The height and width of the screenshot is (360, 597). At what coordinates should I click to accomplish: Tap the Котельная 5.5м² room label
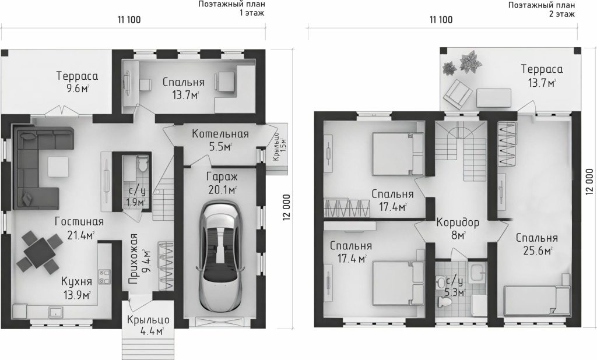pos(220,140)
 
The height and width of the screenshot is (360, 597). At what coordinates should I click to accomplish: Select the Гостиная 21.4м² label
pos(79,228)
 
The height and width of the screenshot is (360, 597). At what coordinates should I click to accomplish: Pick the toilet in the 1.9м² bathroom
pos(142,165)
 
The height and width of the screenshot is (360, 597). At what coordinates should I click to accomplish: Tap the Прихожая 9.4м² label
pos(138,259)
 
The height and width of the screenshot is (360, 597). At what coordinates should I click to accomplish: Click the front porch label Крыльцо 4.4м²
pos(148,325)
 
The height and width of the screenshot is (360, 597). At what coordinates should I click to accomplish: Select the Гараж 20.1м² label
pos(222,183)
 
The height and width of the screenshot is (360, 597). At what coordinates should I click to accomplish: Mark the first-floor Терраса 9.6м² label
pos(78,82)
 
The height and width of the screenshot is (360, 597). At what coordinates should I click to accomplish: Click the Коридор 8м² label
pos(458,228)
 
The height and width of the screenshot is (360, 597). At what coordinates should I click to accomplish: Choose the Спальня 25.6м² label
pos(536,244)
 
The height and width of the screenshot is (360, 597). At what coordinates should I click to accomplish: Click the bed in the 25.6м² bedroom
pos(537,301)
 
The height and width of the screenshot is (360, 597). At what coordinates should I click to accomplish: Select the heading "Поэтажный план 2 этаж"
pos(542,9)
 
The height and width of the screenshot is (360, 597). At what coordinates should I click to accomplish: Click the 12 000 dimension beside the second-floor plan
pos(590,182)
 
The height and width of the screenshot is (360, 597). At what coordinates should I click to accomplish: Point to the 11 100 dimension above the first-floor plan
pos(129,20)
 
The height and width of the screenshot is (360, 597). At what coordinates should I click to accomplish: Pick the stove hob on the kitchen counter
pos(104,277)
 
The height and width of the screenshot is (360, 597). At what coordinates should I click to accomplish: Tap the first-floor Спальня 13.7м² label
pos(184,88)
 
